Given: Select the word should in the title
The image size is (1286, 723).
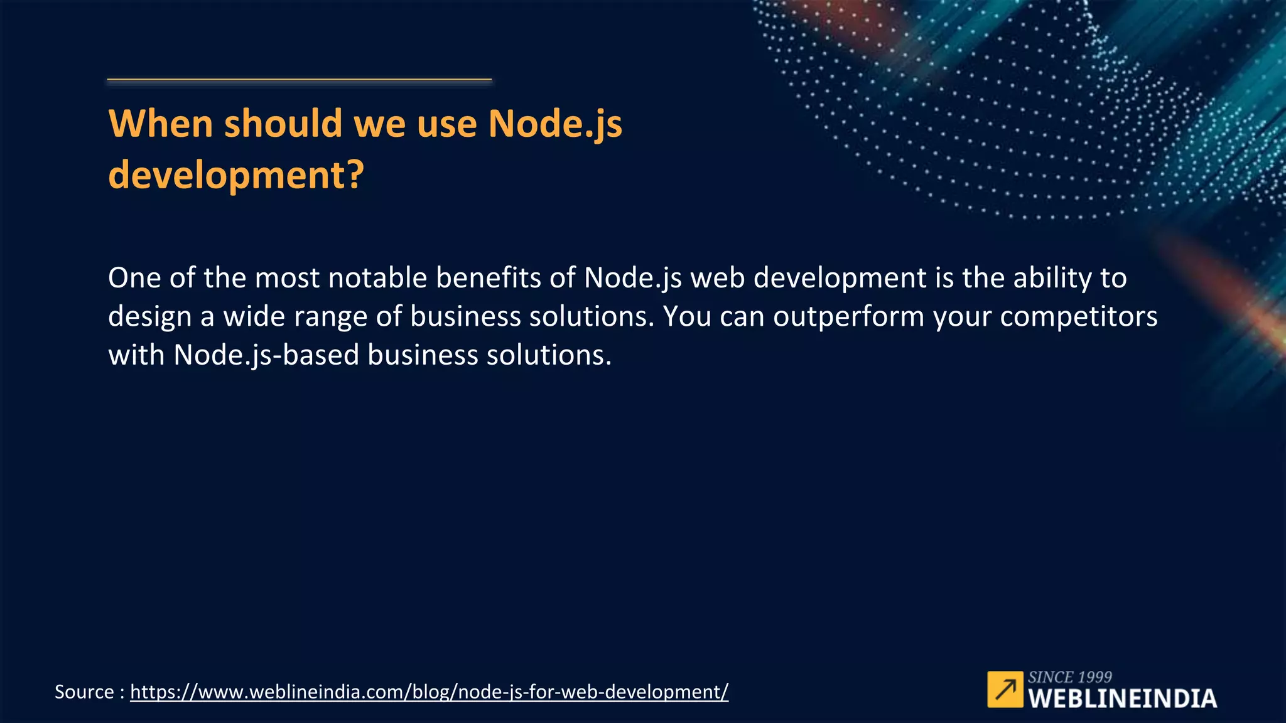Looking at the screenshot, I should (283, 123).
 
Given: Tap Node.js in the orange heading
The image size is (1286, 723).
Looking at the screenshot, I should (555, 124).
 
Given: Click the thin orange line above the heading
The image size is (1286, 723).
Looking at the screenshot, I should (299, 80).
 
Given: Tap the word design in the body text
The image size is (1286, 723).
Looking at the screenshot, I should (149, 316).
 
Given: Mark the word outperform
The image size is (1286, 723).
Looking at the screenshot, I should (848, 316).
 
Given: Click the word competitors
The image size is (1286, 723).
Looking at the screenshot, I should (1078, 316).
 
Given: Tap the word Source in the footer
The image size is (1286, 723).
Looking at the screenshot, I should (84, 692).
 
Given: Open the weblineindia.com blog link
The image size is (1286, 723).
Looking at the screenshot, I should (429, 692).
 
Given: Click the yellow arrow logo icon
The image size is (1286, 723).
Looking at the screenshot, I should (1005, 689).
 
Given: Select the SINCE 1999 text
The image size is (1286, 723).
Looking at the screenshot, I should (1069, 677).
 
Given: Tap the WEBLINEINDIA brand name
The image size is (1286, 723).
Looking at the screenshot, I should (1122, 699).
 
